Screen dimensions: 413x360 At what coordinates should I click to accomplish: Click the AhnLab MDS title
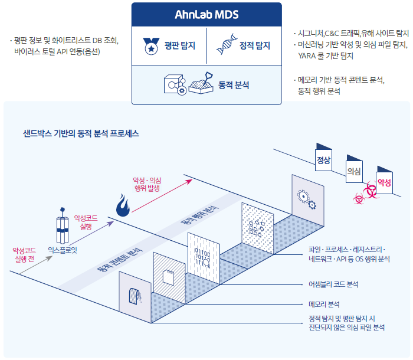click(206, 15)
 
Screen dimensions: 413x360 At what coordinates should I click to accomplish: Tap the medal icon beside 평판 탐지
click(151, 46)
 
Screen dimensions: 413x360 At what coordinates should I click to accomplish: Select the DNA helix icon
click(227, 44)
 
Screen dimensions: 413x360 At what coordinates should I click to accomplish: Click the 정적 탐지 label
click(255, 45)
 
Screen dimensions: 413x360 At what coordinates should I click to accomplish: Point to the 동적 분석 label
click(234, 85)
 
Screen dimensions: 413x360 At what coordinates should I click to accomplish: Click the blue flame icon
click(123, 205)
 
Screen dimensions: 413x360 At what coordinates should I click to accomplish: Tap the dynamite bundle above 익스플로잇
click(63, 225)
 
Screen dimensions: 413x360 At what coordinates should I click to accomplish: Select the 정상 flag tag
click(323, 157)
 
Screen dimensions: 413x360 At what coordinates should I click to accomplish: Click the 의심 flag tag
click(354, 169)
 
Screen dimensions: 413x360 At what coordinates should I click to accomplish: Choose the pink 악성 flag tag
click(384, 180)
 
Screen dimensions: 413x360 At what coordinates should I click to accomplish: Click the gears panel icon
click(307, 199)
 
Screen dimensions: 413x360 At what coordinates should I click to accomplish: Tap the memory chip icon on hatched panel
click(169, 277)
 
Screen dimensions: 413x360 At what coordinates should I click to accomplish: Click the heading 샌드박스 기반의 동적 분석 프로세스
click(81, 133)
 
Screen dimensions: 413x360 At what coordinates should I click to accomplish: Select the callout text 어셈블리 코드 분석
click(333, 284)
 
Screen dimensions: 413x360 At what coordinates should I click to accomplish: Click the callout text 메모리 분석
click(324, 305)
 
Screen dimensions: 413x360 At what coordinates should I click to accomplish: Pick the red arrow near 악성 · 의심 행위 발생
click(162, 195)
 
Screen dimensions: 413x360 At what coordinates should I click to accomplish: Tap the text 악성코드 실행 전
click(24, 254)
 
